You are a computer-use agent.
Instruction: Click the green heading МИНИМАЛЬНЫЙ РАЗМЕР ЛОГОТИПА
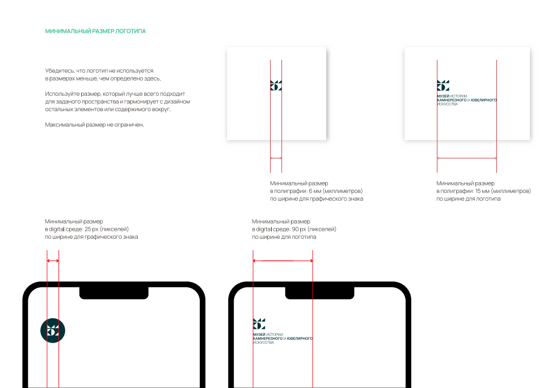tap(95, 31)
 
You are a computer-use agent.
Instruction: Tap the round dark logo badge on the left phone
tap(53, 330)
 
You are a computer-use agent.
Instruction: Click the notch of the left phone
tap(114, 293)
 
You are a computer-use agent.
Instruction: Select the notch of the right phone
tap(320, 293)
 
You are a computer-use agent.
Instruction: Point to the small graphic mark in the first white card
tap(276, 85)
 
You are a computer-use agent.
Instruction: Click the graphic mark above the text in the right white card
tap(443, 85)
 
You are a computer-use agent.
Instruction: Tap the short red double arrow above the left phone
tap(53, 261)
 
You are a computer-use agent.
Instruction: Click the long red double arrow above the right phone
tap(283, 261)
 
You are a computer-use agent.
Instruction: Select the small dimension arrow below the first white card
tap(276, 158)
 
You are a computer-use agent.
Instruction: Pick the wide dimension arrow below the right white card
tap(467, 158)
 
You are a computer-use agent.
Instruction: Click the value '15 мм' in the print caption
tap(482, 191)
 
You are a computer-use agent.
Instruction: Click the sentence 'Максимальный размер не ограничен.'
tap(94, 125)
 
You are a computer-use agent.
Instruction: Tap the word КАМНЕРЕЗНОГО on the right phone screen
tap(268, 339)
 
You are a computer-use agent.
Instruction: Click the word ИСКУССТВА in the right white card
tap(448, 104)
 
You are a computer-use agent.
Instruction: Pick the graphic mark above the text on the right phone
tap(259, 324)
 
